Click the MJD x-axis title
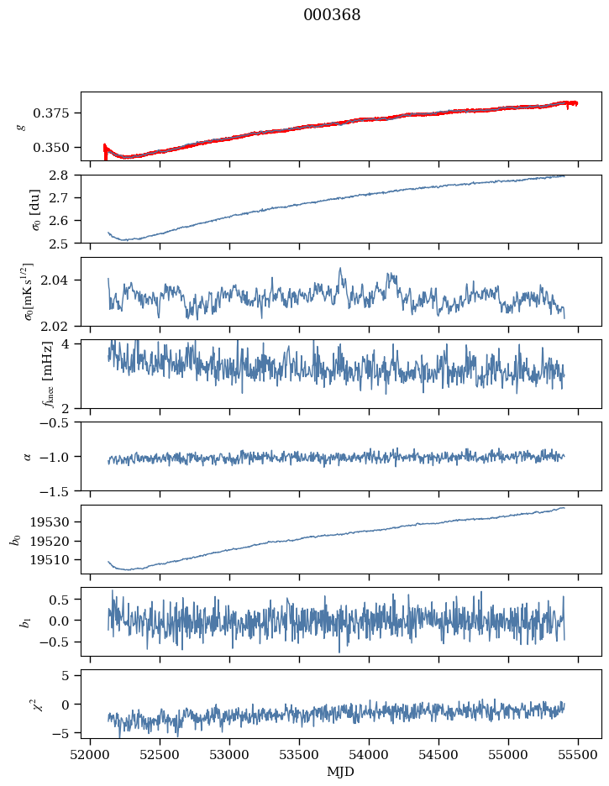[x=341, y=771]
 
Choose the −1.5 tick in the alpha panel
[x=58, y=490]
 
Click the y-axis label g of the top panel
[x=22, y=126]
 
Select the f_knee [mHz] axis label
[x=24, y=374]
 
